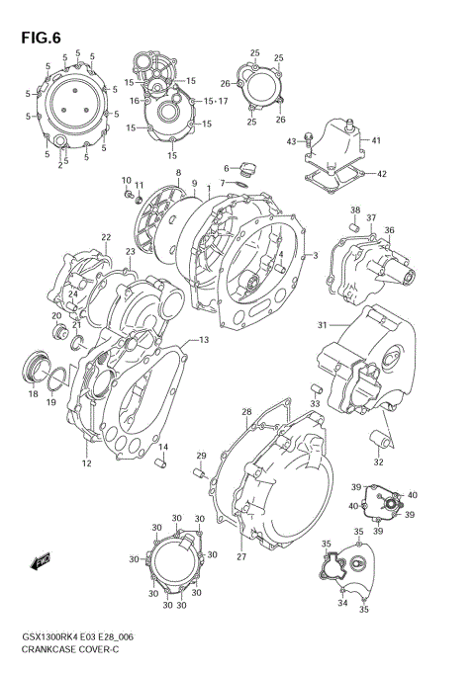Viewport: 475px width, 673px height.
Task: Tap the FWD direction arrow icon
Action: click(41, 564)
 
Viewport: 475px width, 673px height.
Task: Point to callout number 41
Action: click(376, 140)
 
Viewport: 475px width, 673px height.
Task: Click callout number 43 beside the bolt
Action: click(292, 142)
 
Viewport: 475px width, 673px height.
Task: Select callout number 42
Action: click(382, 174)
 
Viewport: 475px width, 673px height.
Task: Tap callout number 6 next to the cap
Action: click(226, 167)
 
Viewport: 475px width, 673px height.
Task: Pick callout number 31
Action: click(322, 325)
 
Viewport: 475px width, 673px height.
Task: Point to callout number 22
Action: click(105, 237)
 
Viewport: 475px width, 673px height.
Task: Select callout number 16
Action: click(134, 100)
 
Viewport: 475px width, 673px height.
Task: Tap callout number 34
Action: click(342, 603)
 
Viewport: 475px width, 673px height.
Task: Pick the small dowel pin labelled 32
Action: click(377, 438)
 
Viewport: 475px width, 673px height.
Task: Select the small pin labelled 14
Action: click(166, 464)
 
